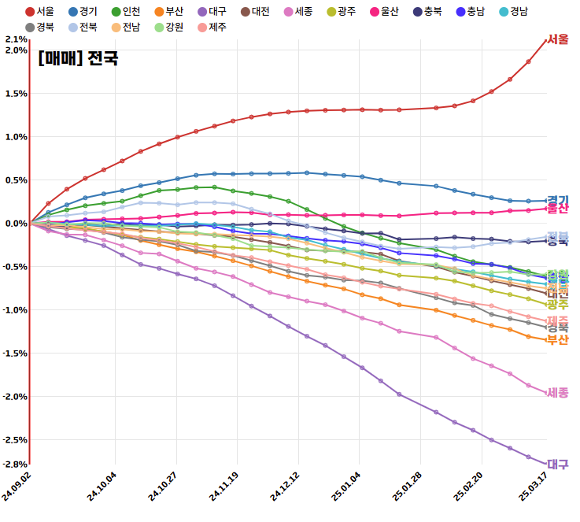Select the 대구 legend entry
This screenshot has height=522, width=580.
[x=212, y=11]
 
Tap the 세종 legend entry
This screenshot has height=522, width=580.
[x=298, y=11]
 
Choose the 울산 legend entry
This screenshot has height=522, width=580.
[x=384, y=11]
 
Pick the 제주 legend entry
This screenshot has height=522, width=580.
[x=212, y=27]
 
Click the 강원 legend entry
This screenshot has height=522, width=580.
[x=168, y=27]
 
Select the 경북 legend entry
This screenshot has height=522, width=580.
[x=39, y=27]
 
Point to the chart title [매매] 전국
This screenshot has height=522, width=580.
[x=78, y=57]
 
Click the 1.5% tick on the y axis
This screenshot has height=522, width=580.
[x=16, y=94]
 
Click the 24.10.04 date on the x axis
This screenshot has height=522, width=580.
[x=101, y=486]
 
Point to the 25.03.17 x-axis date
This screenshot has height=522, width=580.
[x=532, y=486]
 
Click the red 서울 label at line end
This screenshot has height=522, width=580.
[x=558, y=39]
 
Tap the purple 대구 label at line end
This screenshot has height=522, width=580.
[x=558, y=465]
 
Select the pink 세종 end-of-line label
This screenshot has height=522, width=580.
[x=558, y=392]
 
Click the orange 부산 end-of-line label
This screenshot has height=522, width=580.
[x=558, y=339]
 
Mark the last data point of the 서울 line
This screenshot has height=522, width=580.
[x=546, y=39]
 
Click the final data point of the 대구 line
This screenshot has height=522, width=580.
[x=546, y=464]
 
